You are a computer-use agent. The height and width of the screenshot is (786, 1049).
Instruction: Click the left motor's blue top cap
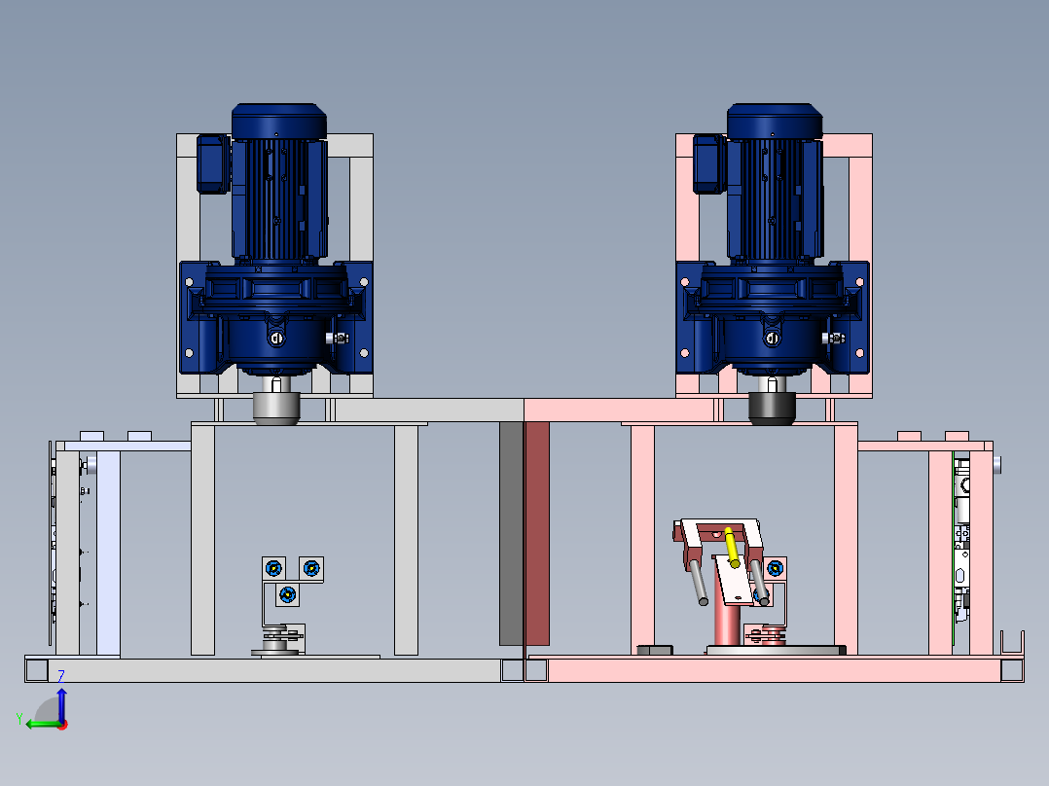click(279, 121)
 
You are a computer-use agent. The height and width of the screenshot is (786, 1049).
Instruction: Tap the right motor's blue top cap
click(775, 121)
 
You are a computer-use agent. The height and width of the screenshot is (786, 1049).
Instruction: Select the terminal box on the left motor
click(213, 164)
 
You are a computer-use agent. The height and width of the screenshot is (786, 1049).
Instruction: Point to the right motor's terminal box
click(709, 164)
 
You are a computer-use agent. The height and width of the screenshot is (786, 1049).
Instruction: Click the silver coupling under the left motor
click(276, 408)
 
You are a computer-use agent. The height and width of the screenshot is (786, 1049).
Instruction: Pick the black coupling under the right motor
click(772, 408)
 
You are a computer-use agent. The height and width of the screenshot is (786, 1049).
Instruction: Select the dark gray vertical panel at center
click(511, 534)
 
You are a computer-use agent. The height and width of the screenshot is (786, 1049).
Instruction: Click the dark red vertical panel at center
click(536, 534)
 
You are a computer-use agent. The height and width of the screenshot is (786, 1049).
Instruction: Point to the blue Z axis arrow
click(61, 703)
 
